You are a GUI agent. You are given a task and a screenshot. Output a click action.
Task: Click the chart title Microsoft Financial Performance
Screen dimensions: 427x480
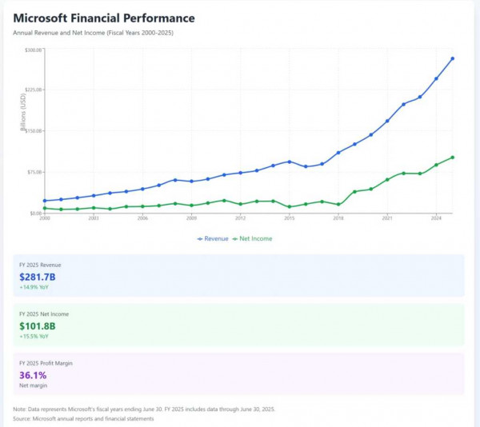coord(103,18)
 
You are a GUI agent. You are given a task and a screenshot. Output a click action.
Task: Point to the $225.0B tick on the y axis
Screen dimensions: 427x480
coord(34,90)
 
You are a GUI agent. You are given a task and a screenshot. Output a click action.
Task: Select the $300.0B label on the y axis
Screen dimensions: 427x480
coord(34,50)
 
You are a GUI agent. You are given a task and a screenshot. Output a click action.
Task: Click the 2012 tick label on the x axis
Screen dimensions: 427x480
coord(240,218)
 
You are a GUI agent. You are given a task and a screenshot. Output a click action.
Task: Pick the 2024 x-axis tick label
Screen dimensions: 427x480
coord(436,218)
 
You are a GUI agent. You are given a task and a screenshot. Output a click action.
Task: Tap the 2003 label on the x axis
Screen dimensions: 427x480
coord(94,218)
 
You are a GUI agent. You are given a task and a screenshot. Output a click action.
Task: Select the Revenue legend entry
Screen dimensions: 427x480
coord(212,238)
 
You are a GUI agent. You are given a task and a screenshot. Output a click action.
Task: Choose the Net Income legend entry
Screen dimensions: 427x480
coord(253,238)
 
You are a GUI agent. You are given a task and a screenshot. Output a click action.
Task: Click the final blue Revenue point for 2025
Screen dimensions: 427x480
coord(452,58)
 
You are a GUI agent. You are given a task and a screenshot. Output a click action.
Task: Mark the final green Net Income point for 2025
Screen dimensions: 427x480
coord(452,158)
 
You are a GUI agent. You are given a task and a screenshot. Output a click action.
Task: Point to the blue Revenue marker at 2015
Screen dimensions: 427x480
coord(290,162)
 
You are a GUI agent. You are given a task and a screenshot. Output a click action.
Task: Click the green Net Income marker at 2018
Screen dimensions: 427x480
coord(338,204)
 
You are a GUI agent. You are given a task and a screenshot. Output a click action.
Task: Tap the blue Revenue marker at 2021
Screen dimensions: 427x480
coord(387,121)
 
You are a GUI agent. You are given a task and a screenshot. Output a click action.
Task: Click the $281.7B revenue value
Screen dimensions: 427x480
coord(38,277)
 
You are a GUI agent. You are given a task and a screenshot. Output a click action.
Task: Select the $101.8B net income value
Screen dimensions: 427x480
coord(38,326)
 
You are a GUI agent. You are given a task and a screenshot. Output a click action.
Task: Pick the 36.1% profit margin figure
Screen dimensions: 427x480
coord(33,375)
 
